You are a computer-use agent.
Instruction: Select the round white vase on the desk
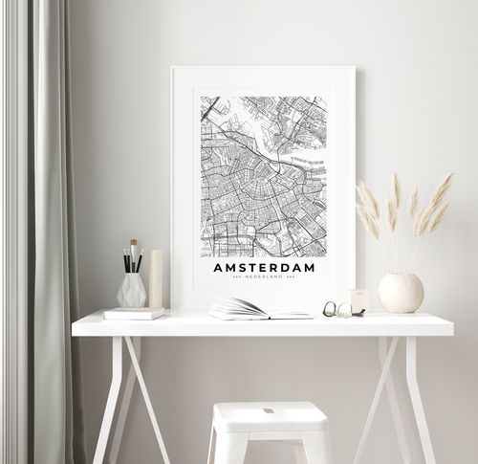point(401,293)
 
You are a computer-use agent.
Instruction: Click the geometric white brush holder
point(132,289)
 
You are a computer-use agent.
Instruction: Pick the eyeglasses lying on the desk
point(337,309)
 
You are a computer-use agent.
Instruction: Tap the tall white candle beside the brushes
point(156,278)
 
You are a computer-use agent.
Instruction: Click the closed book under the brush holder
point(134,313)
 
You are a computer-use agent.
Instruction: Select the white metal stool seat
point(271,416)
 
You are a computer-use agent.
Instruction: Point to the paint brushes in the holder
point(132,257)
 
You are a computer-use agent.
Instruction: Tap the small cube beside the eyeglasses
point(358,300)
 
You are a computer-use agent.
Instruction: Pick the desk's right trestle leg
point(402,392)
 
